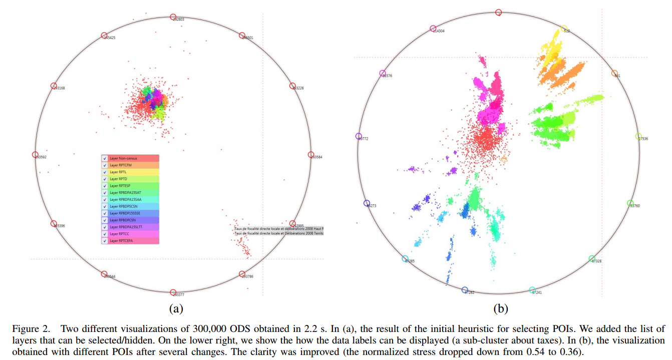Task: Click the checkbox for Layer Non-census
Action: (104, 158)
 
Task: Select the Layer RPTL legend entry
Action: (130, 172)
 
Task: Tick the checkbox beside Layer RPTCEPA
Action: (104, 241)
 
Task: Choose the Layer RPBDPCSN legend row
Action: (130, 220)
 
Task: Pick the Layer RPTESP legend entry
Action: (130, 186)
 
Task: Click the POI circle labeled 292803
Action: (173, 17)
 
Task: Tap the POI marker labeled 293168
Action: (54, 86)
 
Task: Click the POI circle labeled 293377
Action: (173, 293)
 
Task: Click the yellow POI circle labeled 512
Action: (564, 29)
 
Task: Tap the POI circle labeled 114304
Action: (433, 29)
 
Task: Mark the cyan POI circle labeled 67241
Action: (532, 289)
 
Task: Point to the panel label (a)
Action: (175, 309)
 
